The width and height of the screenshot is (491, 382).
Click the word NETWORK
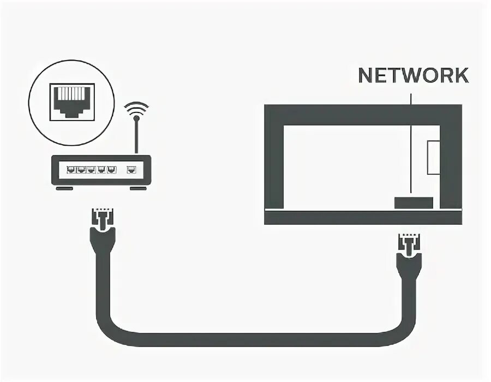coord(413,75)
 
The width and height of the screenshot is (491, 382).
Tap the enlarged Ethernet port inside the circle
coord(72,100)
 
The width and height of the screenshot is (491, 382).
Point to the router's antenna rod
coord(136,136)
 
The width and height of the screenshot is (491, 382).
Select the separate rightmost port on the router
coord(131,169)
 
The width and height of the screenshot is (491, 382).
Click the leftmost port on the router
coord(71,169)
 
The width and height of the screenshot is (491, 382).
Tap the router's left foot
coord(64,189)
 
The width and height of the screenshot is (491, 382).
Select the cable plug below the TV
coord(409,248)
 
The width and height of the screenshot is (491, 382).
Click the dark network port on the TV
coord(414,202)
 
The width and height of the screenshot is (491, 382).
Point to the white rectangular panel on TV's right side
coord(434,157)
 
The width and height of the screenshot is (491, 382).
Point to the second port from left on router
coord(82,169)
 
